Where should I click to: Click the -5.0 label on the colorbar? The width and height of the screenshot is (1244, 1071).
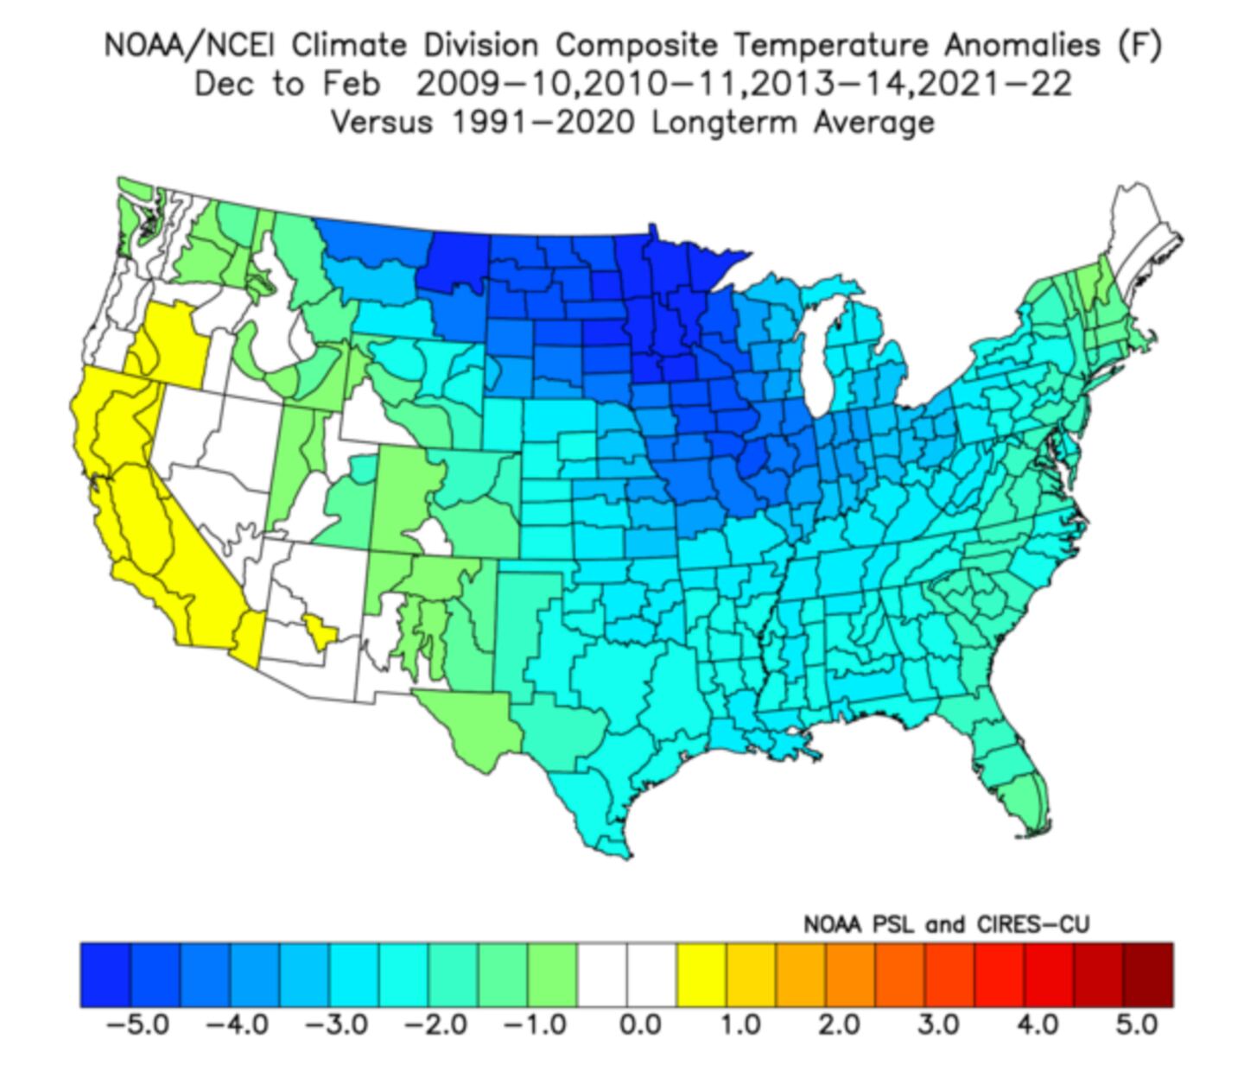pyautogui.click(x=137, y=1025)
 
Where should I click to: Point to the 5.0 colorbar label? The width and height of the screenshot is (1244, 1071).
pyautogui.click(x=1135, y=1025)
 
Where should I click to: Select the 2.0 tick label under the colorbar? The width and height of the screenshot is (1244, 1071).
pyautogui.click(x=839, y=1025)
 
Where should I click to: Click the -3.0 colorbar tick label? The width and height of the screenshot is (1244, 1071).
pyautogui.click(x=336, y=1025)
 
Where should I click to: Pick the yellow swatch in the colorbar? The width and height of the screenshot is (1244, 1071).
pyautogui.click(x=701, y=975)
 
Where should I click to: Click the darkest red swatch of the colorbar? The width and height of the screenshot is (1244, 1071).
pyautogui.click(x=1148, y=975)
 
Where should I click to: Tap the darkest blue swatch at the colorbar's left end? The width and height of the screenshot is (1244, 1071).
pyautogui.click(x=105, y=975)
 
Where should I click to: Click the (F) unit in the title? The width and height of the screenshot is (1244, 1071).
pyautogui.click(x=1139, y=45)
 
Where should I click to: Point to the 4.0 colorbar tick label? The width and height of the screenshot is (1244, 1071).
pyautogui.click(x=1037, y=1025)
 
